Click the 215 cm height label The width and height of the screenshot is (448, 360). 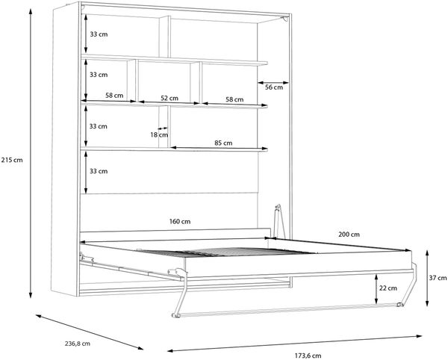tap(12, 160)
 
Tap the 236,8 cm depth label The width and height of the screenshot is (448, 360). tap(77, 344)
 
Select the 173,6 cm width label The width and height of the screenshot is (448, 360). tap(308, 356)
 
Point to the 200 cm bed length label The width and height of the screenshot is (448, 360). tap(349, 235)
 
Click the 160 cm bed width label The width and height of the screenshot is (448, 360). tap(180, 221)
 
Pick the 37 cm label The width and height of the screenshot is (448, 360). tap(438, 278)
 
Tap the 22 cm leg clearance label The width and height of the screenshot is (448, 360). tap(388, 288)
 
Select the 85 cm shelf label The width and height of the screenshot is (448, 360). tap(223, 143)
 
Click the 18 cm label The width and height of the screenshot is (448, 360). tap(159, 134)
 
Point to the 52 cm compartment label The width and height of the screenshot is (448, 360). tap(169, 99)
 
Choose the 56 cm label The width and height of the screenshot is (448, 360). tap(274, 87)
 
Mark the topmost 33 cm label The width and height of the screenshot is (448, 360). tap(99, 34)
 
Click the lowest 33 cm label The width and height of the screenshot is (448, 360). tap(99, 172)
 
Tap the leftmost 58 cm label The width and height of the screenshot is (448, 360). tap(114, 96)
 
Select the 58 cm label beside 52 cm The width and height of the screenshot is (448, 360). tap(234, 99)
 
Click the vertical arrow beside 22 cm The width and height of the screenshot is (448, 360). tap(376, 288)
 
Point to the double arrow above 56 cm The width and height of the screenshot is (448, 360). tap(273, 83)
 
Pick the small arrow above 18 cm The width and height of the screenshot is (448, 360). tap(163, 128)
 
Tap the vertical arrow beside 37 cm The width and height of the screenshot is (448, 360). tap(427, 279)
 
